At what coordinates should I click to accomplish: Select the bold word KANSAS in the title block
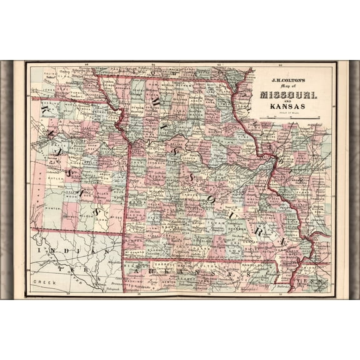(288, 106)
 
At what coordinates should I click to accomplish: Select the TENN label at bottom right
(319, 282)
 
